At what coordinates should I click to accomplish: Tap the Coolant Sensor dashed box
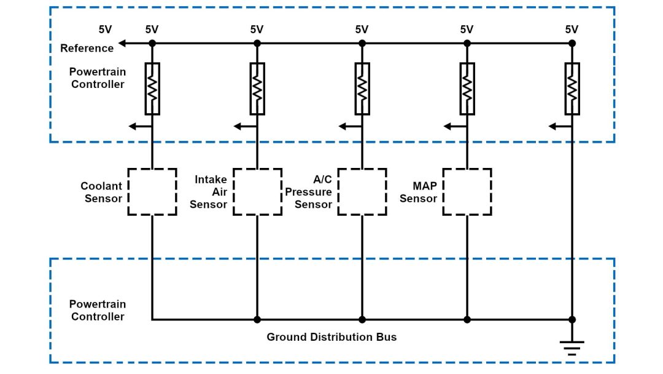click(152, 192)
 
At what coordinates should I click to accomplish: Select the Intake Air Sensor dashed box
click(257, 192)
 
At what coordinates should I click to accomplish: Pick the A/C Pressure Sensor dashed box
click(362, 192)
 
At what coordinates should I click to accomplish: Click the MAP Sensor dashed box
click(467, 192)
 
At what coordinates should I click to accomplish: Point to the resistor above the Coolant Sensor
click(152, 89)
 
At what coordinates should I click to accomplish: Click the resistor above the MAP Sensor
click(467, 89)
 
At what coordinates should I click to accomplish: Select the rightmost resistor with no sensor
click(572, 89)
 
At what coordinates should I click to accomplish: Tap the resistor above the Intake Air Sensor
click(257, 89)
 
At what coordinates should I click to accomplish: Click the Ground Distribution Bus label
click(331, 337)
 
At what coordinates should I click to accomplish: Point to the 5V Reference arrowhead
click(122, 43)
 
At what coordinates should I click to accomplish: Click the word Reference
click(87, 48)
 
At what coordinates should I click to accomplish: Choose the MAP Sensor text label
click(418, 192)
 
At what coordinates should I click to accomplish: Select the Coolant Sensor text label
click(101, 192)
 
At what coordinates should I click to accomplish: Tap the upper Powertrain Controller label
click(97, 78)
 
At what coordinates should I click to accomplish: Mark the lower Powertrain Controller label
click(97, 310)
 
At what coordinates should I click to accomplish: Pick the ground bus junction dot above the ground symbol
click(572, 319)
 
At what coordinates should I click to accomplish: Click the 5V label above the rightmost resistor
click(572, 29)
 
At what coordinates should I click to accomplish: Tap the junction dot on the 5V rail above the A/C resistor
click(362, 43)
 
